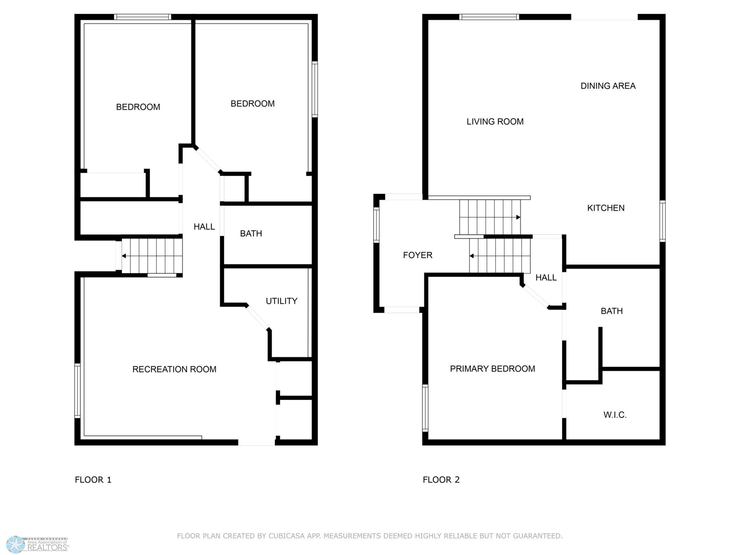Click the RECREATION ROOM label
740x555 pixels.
174,369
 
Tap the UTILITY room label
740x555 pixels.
281,301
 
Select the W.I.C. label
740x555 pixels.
615,415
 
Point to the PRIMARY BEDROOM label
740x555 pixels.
492,369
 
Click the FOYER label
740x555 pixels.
418,255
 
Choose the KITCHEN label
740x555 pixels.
606,208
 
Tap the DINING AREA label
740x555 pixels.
608,86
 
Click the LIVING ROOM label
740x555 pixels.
495,122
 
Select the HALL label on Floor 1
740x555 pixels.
204,227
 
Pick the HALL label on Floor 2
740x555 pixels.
546,277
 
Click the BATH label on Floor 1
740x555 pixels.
251,233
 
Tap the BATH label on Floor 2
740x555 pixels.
612,311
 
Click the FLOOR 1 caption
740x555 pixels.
93,480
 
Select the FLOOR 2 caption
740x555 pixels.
441,480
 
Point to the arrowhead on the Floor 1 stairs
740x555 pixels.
124,256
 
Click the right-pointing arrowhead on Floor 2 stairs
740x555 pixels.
518,217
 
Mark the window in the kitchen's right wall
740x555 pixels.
662,221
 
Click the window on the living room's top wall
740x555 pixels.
489,17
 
